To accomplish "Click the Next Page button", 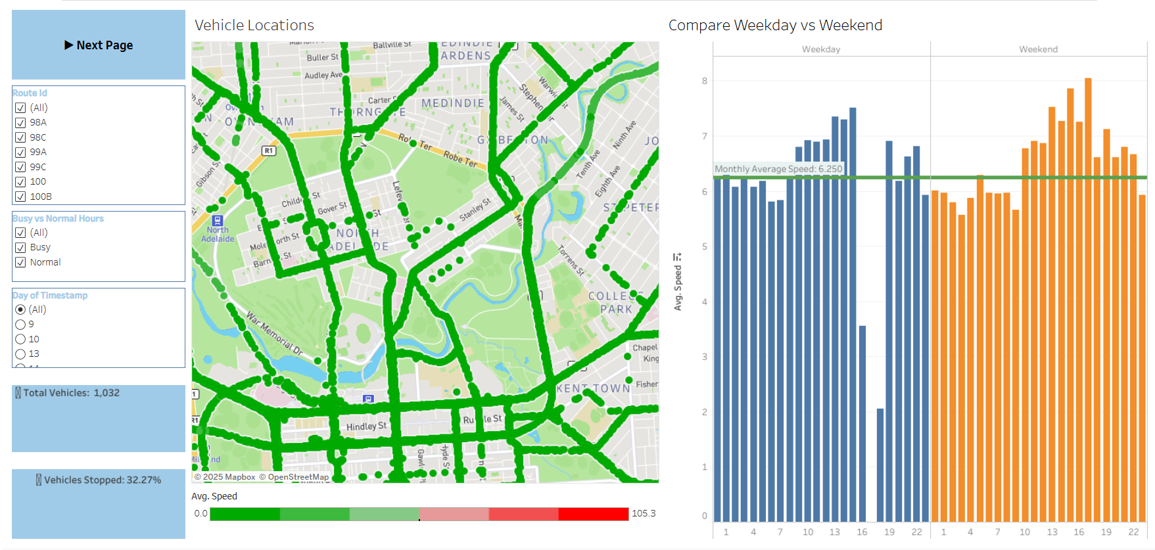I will click(x=99, y=45).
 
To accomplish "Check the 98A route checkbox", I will click(x=20, y=123).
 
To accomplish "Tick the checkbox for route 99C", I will click(x=20, y=167).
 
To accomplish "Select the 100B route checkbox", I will click(x=20, y=196).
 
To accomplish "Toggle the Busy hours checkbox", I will click(x=20, y=248).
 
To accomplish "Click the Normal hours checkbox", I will click(x=20, y=262).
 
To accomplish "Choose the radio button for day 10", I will click(x=20, y=339).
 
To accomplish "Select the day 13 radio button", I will click(x=20, y=354).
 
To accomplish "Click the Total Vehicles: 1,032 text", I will click(x=71, y=393).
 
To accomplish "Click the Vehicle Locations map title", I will click(x=254, y=25).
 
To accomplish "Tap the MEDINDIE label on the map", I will click(x=453, y=103).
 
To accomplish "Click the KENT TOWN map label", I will click(x=593, y=388).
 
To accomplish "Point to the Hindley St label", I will click(x=366, y=426).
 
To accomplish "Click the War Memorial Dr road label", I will click(x=274, y=334).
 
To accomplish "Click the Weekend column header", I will click(x=1038, y=49).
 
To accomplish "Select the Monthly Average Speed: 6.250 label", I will click(x=778, y=169).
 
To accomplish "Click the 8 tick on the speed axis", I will click(x=705, y=81).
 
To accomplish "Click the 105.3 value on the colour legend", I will click(x=644, y=513).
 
